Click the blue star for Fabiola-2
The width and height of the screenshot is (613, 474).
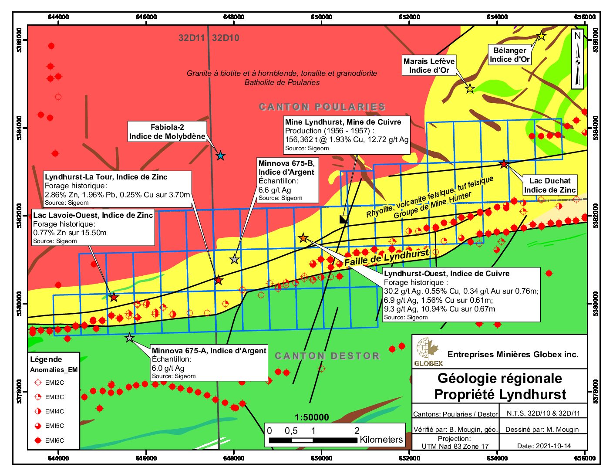click(221, 156)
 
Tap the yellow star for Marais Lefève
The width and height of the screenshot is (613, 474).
click(469, 89)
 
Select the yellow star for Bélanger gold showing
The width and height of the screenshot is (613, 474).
click(541, 36)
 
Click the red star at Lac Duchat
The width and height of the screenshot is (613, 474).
click(504, 164)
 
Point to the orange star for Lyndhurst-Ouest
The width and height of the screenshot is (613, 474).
click(303, 238)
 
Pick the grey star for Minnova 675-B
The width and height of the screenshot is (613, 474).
click(234, 259)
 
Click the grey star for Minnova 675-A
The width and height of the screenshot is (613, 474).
click(129, 338)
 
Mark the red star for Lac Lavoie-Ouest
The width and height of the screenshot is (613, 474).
click(114, 298)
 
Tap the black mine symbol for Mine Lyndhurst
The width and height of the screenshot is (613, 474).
click(344, 219)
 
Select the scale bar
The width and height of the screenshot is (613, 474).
click(313, 440)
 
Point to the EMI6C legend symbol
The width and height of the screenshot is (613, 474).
click(38, 440)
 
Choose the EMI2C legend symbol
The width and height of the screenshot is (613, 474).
click(38, 383)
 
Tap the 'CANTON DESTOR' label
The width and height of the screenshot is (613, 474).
click(327, 356)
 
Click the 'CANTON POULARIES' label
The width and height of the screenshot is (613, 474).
click(322, 107)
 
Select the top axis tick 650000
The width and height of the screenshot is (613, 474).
click(321, 17)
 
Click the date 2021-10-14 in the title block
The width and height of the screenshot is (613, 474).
click(544, 446)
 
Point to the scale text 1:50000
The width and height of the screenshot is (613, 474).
click(312, 417)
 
